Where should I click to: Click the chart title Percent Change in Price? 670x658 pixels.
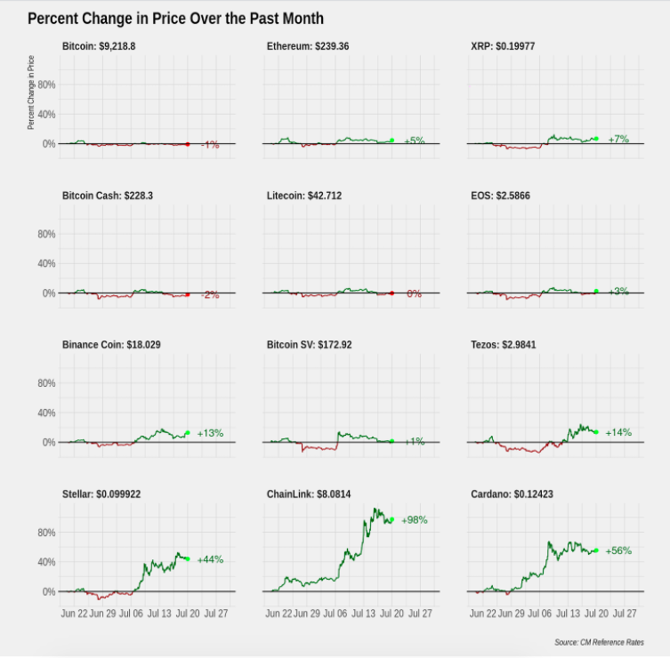point(175,19)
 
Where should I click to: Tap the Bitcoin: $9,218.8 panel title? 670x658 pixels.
point(99,46)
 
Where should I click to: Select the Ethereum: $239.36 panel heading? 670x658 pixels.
point(308,46)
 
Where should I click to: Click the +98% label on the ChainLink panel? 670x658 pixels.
point(415,519)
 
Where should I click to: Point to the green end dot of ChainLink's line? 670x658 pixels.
point(392,519)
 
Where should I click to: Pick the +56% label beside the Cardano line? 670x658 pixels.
point(618,550)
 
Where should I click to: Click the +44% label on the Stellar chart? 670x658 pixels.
point(210,559)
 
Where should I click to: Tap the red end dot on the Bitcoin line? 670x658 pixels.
point(188,144)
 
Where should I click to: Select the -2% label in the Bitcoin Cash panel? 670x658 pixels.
point(210,294)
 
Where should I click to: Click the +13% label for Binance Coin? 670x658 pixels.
point(210,433)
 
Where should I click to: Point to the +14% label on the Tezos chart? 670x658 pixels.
point(618,432)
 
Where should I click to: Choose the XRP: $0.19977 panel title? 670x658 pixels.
point(503,46)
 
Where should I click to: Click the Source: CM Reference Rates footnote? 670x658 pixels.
point(599,642)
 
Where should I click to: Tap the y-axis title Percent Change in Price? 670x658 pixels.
point(31,92)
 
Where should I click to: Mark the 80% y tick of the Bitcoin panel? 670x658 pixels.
point(46,84)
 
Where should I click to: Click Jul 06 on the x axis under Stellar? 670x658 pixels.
point(131,614)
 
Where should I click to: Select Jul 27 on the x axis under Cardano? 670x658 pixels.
point(625,614)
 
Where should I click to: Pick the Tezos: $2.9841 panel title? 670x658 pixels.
point(504,345)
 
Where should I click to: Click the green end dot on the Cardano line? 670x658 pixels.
point(596,550)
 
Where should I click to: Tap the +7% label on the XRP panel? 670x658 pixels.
point(618,139)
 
